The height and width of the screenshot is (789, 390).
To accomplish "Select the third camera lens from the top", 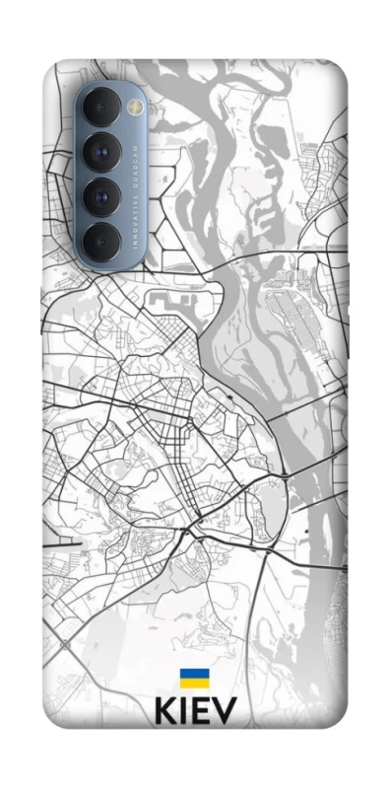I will pos(101,196).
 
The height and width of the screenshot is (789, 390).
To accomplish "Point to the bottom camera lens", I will pos(101,238).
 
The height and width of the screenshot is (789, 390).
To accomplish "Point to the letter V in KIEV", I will pos(225,712).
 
